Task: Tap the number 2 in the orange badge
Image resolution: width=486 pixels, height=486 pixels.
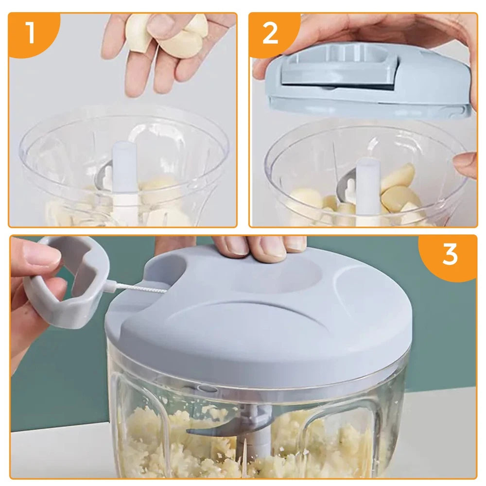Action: [271, 33]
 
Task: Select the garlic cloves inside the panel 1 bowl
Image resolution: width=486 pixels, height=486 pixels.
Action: [160, 194]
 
